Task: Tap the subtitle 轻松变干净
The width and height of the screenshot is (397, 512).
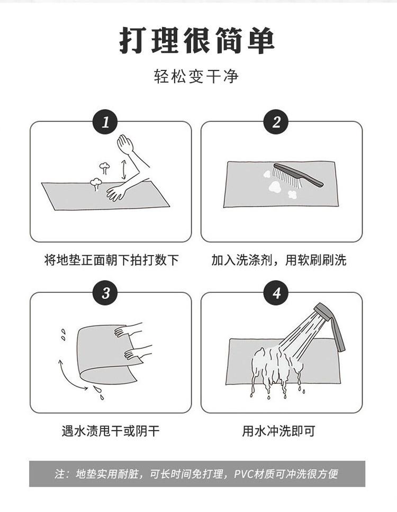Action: click(x=197, y=77)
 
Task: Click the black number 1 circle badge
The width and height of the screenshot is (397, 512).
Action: click(x=105, y=122)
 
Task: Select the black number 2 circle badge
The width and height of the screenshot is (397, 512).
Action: click(x=276, y=122)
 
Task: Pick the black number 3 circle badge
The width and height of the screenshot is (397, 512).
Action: click(x=105, y=293)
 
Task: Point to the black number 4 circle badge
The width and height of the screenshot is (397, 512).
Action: click(x=276, y=293)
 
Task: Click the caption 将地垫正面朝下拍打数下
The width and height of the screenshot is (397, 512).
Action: click(x=111, y=260)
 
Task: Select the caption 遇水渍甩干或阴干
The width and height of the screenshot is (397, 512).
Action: click(x=111, y=430)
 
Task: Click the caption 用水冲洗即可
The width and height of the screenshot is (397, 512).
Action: click(x=278, y=430)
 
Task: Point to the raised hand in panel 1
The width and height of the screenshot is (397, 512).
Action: click(x=125, y=143)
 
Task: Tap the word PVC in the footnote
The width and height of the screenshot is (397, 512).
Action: click(x=243, y=474)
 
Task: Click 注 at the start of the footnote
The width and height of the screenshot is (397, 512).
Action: click(x=59, y=474)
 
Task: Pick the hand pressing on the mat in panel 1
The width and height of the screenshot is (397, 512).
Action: click(x=115, y=192)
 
